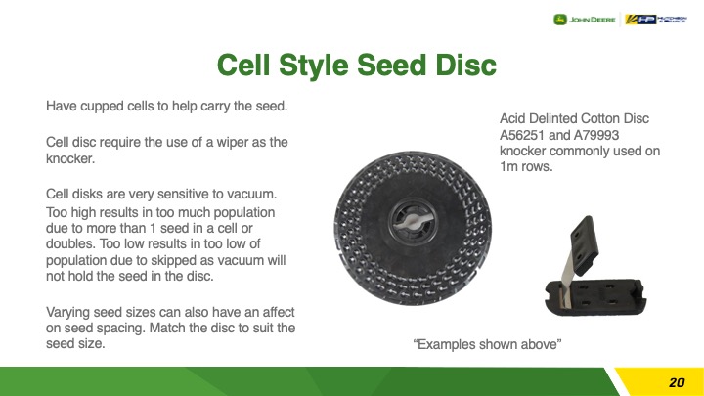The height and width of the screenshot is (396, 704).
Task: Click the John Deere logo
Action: (584, 20)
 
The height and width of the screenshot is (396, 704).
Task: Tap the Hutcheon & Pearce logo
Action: (656, 20)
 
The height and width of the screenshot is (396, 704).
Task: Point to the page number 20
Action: (677, 382)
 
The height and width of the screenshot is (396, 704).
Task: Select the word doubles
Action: (70, 243)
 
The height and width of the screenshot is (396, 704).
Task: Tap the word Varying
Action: (68, 313)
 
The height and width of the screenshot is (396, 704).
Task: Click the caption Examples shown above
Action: (487, 344)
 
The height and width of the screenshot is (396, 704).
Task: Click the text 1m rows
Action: (526, 166)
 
